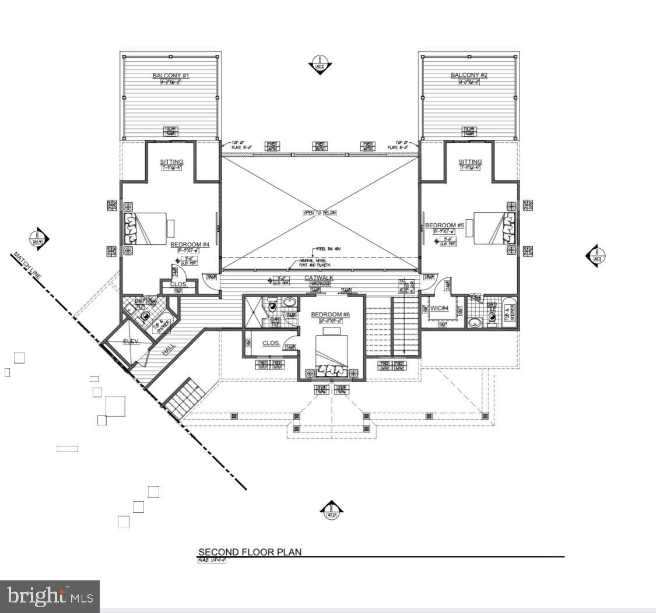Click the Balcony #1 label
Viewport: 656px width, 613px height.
click(x=171, y=75)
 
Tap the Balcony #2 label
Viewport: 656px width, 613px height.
click(x=469, y=75)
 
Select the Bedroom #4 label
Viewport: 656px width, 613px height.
click(x=190, y=245)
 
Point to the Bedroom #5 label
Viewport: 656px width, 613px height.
click(x=444, y=226)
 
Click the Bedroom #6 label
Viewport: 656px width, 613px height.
click(x=330, y=315)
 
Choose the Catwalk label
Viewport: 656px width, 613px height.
click(x=319, y=277)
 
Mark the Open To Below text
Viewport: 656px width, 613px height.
click(x=320, y=213)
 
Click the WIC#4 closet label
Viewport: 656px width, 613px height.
click(x=439, y=308)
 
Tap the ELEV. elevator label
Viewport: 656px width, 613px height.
click(x=131, y=341)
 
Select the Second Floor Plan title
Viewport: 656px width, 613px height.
click(x=250, y=552)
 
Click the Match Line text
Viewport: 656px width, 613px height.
click(x=28, y=266)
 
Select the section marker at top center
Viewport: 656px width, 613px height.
click(x=320, y=65)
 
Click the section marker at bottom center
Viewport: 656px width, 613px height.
click(x=331, y=510)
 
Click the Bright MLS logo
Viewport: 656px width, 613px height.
click(x=50, y=596)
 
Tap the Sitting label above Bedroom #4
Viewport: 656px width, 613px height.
click(x=171, y=162)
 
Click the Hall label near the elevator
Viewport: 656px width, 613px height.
click(x=169, y=349)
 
